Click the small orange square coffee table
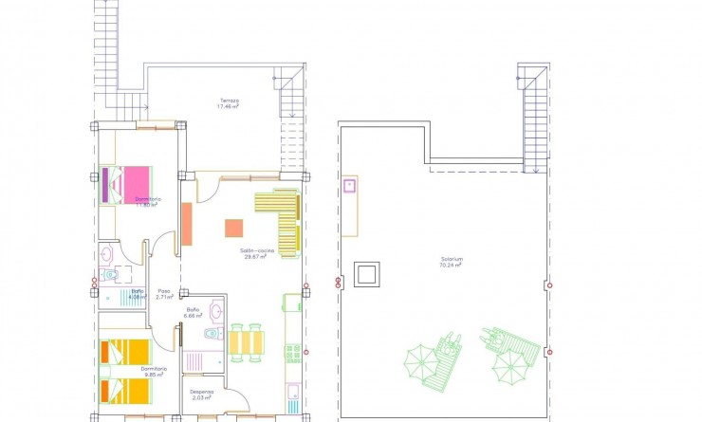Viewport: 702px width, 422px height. click(233, 228)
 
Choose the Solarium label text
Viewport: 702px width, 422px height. click(451, 260)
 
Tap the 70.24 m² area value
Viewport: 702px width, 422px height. click(451, 266)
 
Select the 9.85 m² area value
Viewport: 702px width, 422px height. click(154, 375)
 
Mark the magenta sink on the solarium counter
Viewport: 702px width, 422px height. click(349, 185)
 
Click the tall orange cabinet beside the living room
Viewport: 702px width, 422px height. click(187, 226)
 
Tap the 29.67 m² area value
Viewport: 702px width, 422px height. click(253, 257)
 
